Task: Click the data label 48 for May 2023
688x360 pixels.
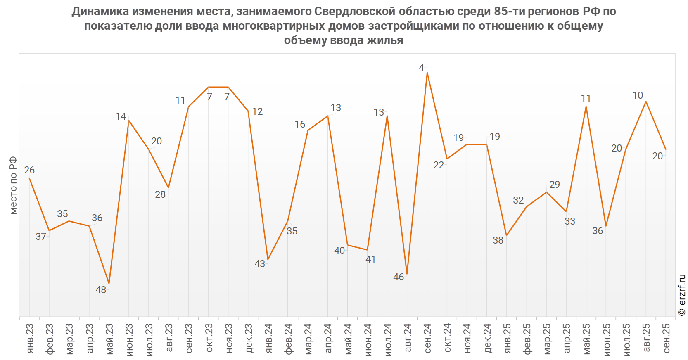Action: click(101, 290)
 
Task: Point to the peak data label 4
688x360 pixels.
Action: click(421, 68)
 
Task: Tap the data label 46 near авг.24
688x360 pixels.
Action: click(399, 277)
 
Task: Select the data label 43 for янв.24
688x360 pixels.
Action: click(260, 264)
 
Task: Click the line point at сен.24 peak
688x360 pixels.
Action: click(427, 73)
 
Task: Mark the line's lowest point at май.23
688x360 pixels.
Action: click(109, 283)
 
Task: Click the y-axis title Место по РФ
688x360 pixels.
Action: click(14, 185)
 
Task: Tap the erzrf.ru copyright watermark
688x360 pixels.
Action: click(682, 295)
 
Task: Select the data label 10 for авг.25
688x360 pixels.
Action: click(638, 95)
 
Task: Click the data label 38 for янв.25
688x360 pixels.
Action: click(498, 240)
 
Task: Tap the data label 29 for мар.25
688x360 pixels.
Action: click(555, 185)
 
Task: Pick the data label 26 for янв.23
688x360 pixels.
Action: click(29, 170)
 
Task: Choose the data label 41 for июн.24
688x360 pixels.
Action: click(371, 259)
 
